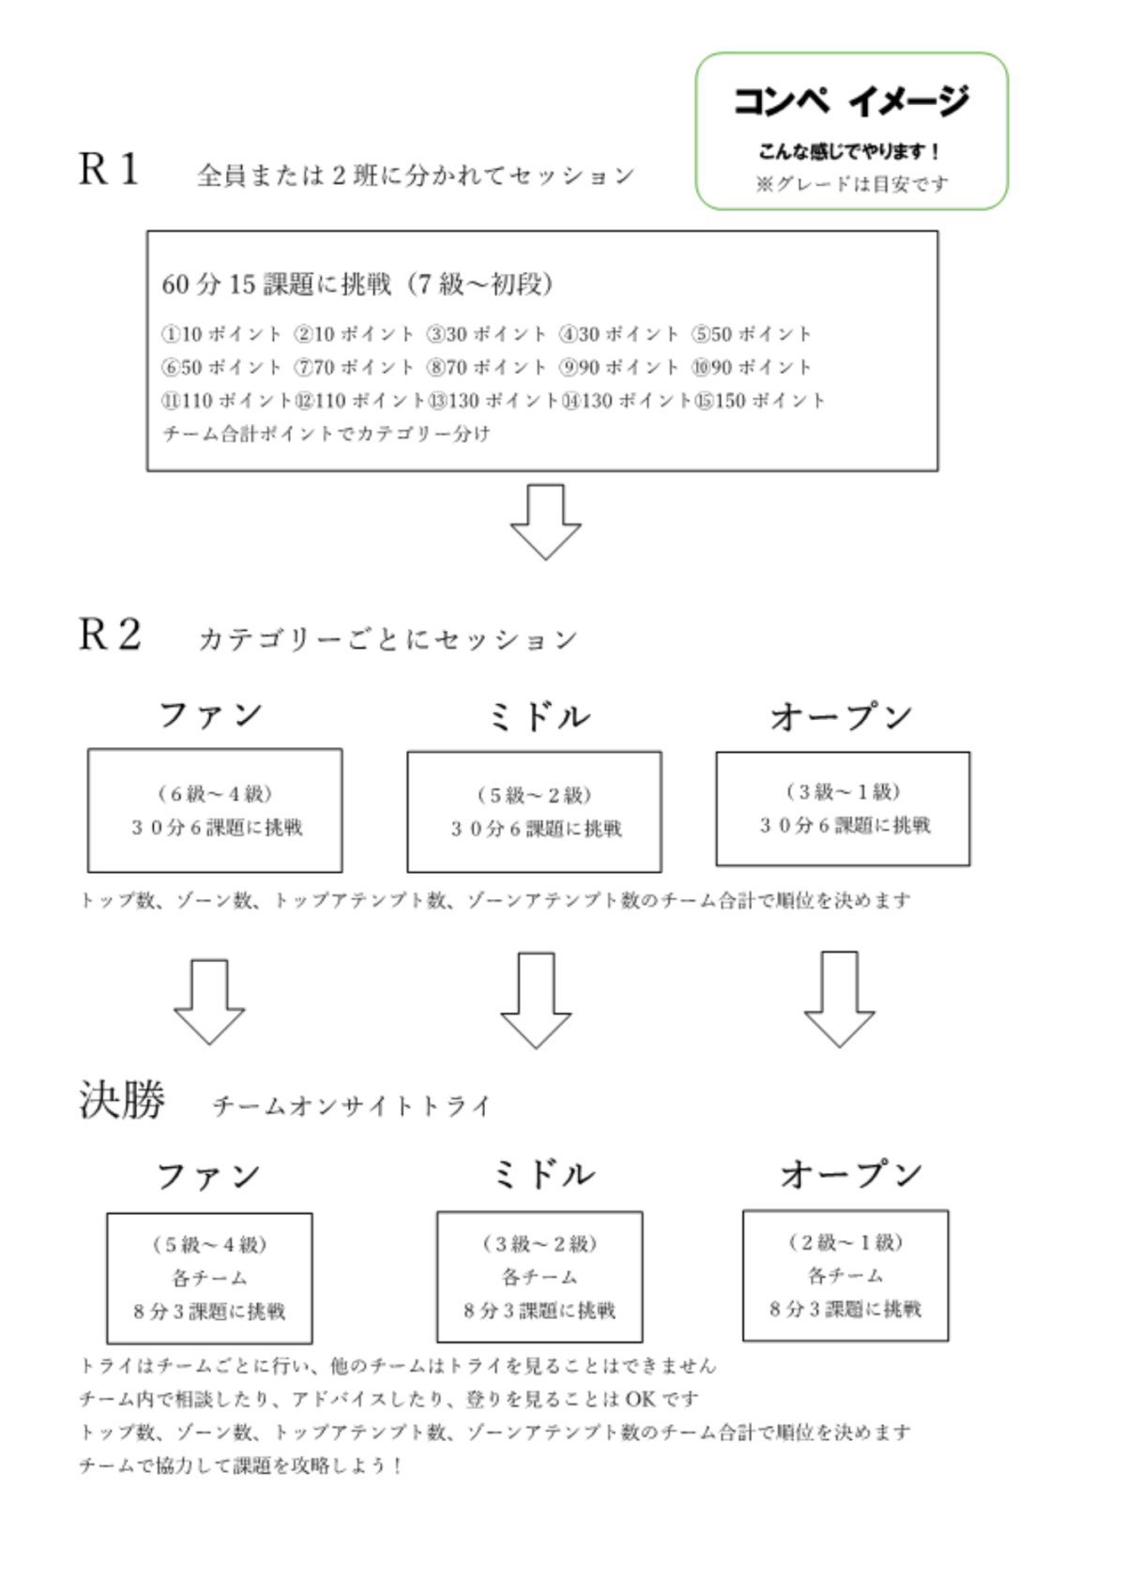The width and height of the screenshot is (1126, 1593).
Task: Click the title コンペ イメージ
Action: [x=851, y=100]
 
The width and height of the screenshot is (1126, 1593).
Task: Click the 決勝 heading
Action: [x=122, y=1099]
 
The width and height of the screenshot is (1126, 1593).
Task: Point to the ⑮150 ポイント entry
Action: [x=759, y=401]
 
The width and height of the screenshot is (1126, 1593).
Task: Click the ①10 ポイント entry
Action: [x=221, y=334]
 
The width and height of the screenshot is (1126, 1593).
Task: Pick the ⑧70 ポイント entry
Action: [x=487, y=368]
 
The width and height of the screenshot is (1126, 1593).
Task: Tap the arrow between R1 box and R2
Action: [x=546, y=522]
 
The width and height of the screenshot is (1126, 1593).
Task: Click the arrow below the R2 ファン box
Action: [x=209, y=1002]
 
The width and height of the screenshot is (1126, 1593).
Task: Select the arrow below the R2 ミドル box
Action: [x=536, y=1001]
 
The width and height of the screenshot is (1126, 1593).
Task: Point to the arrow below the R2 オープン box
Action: [x=840, y=999]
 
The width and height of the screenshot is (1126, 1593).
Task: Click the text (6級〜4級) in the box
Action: [x=216, y=793]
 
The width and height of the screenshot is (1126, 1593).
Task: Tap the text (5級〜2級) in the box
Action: [x=535, y=795]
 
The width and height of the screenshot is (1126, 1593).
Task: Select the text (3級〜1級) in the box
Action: [x=843, y=791]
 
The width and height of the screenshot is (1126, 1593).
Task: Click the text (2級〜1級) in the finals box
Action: [x=846, y=1243]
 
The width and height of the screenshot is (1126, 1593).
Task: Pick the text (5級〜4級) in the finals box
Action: [x=209, y=1245]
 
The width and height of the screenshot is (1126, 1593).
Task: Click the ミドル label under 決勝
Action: [x=544, y=1175]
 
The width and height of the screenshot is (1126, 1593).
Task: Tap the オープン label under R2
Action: [x=842, y=716]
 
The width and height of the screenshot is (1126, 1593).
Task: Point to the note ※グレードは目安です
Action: [x=852, y=184]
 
